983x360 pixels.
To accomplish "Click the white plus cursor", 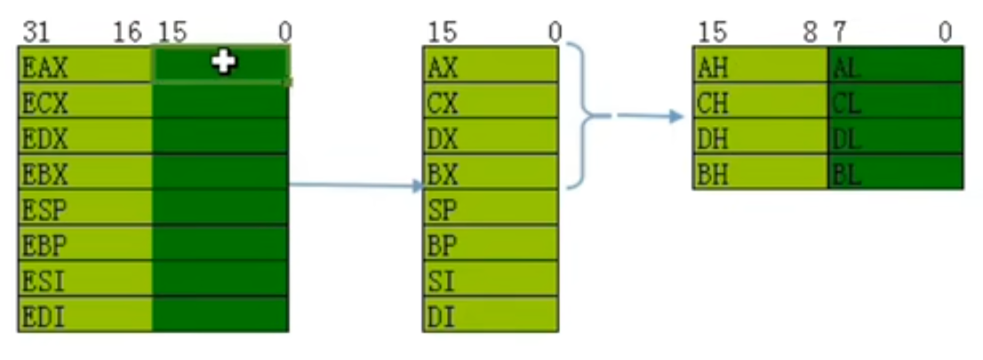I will pyautogui.click(x=223, y=61).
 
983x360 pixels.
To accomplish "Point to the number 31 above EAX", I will pyautogui.click(x=35, y=33).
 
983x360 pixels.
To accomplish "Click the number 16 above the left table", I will pyautogui.click(x=127, y=33).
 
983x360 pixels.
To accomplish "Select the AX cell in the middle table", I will pyautogui.click(x=490, y=66).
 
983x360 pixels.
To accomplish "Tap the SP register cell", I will pyautogui.click(x=490, y=208).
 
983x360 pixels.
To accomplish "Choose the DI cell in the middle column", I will pyautogui.click(x=490, y=315).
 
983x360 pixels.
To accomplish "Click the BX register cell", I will pyautogui.click(x=490, y=172).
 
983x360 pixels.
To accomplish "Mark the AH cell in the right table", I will pyautogui.click(x=760, y=66).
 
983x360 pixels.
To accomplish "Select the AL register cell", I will pyautogui.click(x=895, y=66).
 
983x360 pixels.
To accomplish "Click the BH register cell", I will pyautogui.click(x=760, y=172).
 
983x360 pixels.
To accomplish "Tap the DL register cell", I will pyautogui.click(x=895, y=137).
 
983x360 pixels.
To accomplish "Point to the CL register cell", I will pyautogui.click(x=895, y=101).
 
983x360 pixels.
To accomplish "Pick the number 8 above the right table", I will pyautogui.click(x=810, y=33).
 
